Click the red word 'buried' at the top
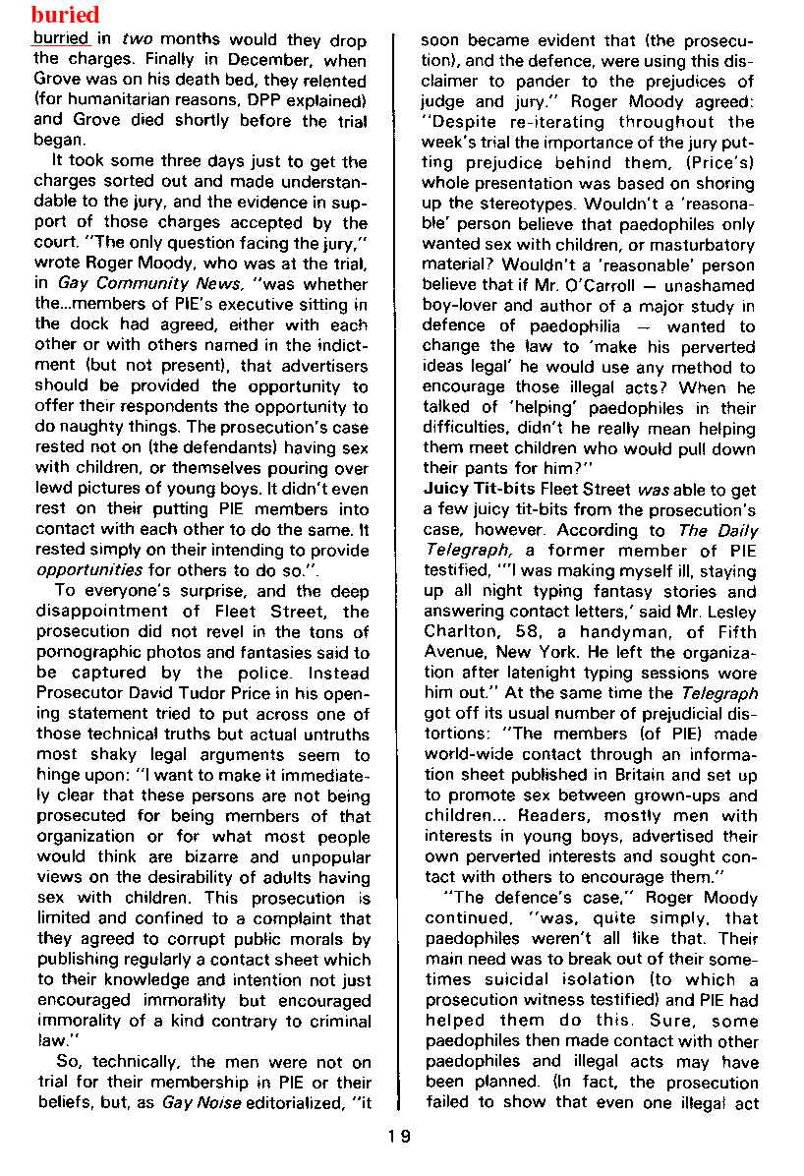pos(66,15)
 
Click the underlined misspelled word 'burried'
pos(61,40)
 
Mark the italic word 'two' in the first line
pos(136,40)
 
